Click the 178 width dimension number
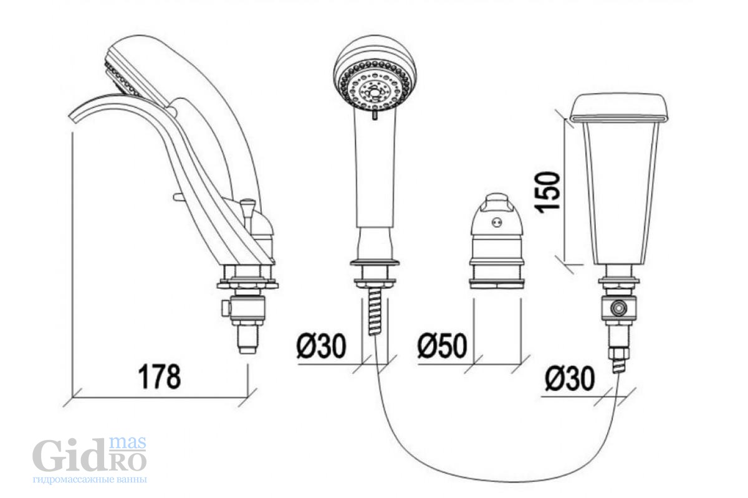pyautogui.click(x=160, y=377)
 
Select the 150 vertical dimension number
pyautogui.click(x=547, y=190)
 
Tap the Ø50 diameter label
pyautogui.click(x=442, y=346)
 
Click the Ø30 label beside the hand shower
pyautogui.click(x=321, y=346)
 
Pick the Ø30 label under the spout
pyautogui.click(x=570, y=378)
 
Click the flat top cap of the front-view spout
pyautogui.click(x=620, y=109)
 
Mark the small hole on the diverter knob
pyautogui.click(x=497, y=222)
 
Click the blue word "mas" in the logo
pyautogui.click(x=128, y=443)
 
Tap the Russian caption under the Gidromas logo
pyautogui.click(x=90, y=480)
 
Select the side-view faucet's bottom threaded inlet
pyautogui.click(x=247, y=341)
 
